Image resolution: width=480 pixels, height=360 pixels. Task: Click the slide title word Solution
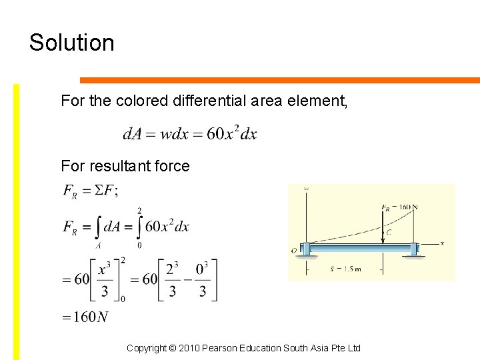(72, 43)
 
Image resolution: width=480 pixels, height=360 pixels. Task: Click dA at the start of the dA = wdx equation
(131, 134)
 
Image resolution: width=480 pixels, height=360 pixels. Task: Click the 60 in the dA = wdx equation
(215, 134)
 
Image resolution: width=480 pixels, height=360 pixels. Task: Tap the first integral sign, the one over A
(97, 228)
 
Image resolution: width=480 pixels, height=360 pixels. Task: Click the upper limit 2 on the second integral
(139, 211)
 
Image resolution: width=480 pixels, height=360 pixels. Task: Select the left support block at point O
(305, 249)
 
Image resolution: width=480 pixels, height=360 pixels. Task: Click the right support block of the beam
(414, 249)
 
